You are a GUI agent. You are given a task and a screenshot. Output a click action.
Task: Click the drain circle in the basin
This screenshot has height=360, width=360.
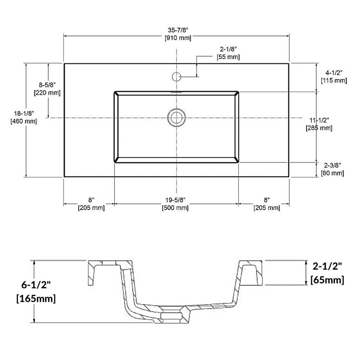tap(176, 118)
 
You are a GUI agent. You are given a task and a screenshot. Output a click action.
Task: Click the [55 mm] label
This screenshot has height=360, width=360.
tap(228, 57)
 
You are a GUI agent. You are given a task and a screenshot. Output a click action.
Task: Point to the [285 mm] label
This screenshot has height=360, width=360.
tap(319, 128)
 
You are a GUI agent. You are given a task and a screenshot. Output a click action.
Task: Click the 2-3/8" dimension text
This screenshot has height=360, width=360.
tap(332, 165)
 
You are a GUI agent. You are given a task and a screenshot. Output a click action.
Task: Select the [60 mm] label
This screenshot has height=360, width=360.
tap(332, 173)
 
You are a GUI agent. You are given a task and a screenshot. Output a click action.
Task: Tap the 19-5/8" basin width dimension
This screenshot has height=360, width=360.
tap(175, 200)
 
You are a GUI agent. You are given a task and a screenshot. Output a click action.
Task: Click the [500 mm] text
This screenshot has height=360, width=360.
tap(175, 208)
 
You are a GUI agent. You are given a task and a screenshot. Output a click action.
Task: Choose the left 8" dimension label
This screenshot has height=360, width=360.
tap(91, 200)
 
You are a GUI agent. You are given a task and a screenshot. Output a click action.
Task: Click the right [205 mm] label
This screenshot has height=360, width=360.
tap(267, 208)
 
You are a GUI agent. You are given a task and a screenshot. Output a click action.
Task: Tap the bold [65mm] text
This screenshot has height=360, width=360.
tap(327, 280)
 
